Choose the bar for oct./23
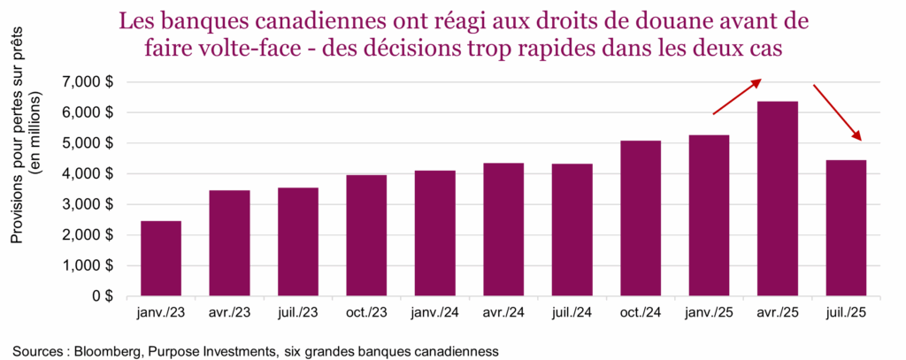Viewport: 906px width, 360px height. tap(365, 235)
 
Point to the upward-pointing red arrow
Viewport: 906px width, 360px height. tap(736, 96)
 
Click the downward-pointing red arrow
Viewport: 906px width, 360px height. tap(837, 112)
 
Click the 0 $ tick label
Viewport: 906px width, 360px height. tap(104, 296)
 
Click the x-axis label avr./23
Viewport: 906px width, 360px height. tap(228, 315)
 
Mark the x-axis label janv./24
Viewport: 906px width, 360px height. tap(434, 315)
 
